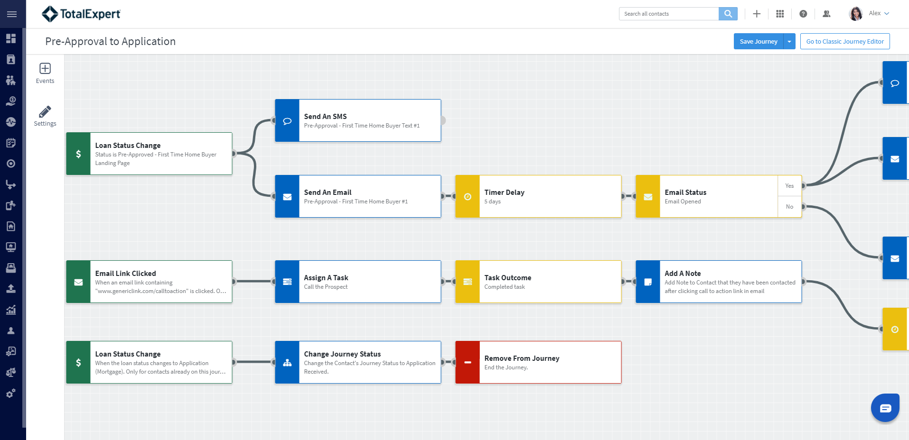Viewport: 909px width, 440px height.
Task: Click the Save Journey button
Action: [759, 41]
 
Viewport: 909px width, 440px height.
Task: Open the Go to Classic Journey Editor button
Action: [845, 41]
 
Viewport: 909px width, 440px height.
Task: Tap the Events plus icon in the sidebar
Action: [45, 68]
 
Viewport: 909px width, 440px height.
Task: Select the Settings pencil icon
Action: [45, 111]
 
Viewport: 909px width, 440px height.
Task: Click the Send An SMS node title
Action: [326, 117]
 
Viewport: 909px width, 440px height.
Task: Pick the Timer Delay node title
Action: [505, 192]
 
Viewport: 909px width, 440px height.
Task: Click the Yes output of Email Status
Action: [789, 186]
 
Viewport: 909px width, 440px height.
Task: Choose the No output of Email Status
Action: [789, 207]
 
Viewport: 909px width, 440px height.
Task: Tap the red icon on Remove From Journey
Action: [468, 362]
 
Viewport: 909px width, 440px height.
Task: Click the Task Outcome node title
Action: [508, 278]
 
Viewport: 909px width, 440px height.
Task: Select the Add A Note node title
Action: [683, 274]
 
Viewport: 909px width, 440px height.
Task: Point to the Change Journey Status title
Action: [342, 354]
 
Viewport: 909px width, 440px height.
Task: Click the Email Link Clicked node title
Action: [125, 274]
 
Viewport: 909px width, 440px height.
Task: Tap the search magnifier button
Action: [728, 14]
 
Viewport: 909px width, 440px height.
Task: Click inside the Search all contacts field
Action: [669, 14]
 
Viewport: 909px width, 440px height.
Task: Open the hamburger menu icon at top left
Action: [12, 14]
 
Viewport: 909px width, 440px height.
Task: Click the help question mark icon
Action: [803, 14]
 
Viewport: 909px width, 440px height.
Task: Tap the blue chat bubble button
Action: [885, 408]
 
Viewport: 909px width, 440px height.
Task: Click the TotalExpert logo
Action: [81, 14]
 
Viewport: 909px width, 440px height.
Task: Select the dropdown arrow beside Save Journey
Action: [789, 41]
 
